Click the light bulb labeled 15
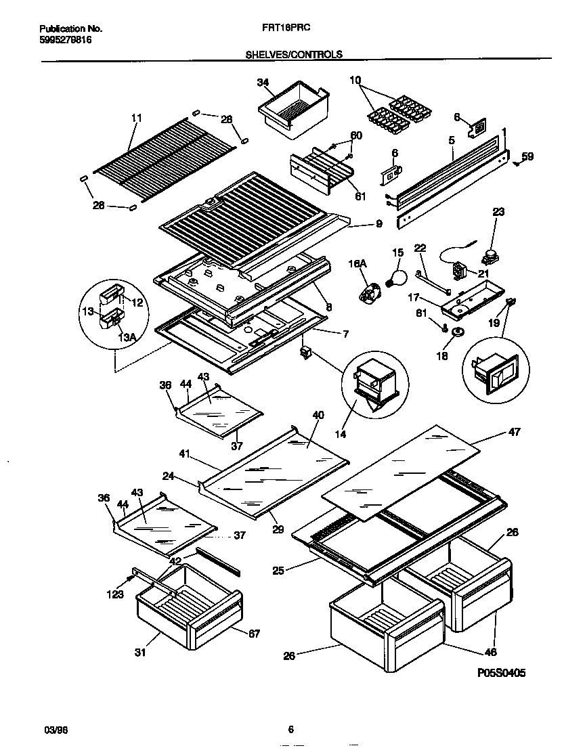coord(396,276)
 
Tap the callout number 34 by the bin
coord(263,83)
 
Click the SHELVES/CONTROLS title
coord(293,54)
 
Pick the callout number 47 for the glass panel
coord(513,432)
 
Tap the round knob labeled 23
coord(488,257)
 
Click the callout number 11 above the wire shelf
coord(137,118)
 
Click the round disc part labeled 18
coord(458,331)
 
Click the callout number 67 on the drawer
coord(253,634)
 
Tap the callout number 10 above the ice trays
coord(355,80)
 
